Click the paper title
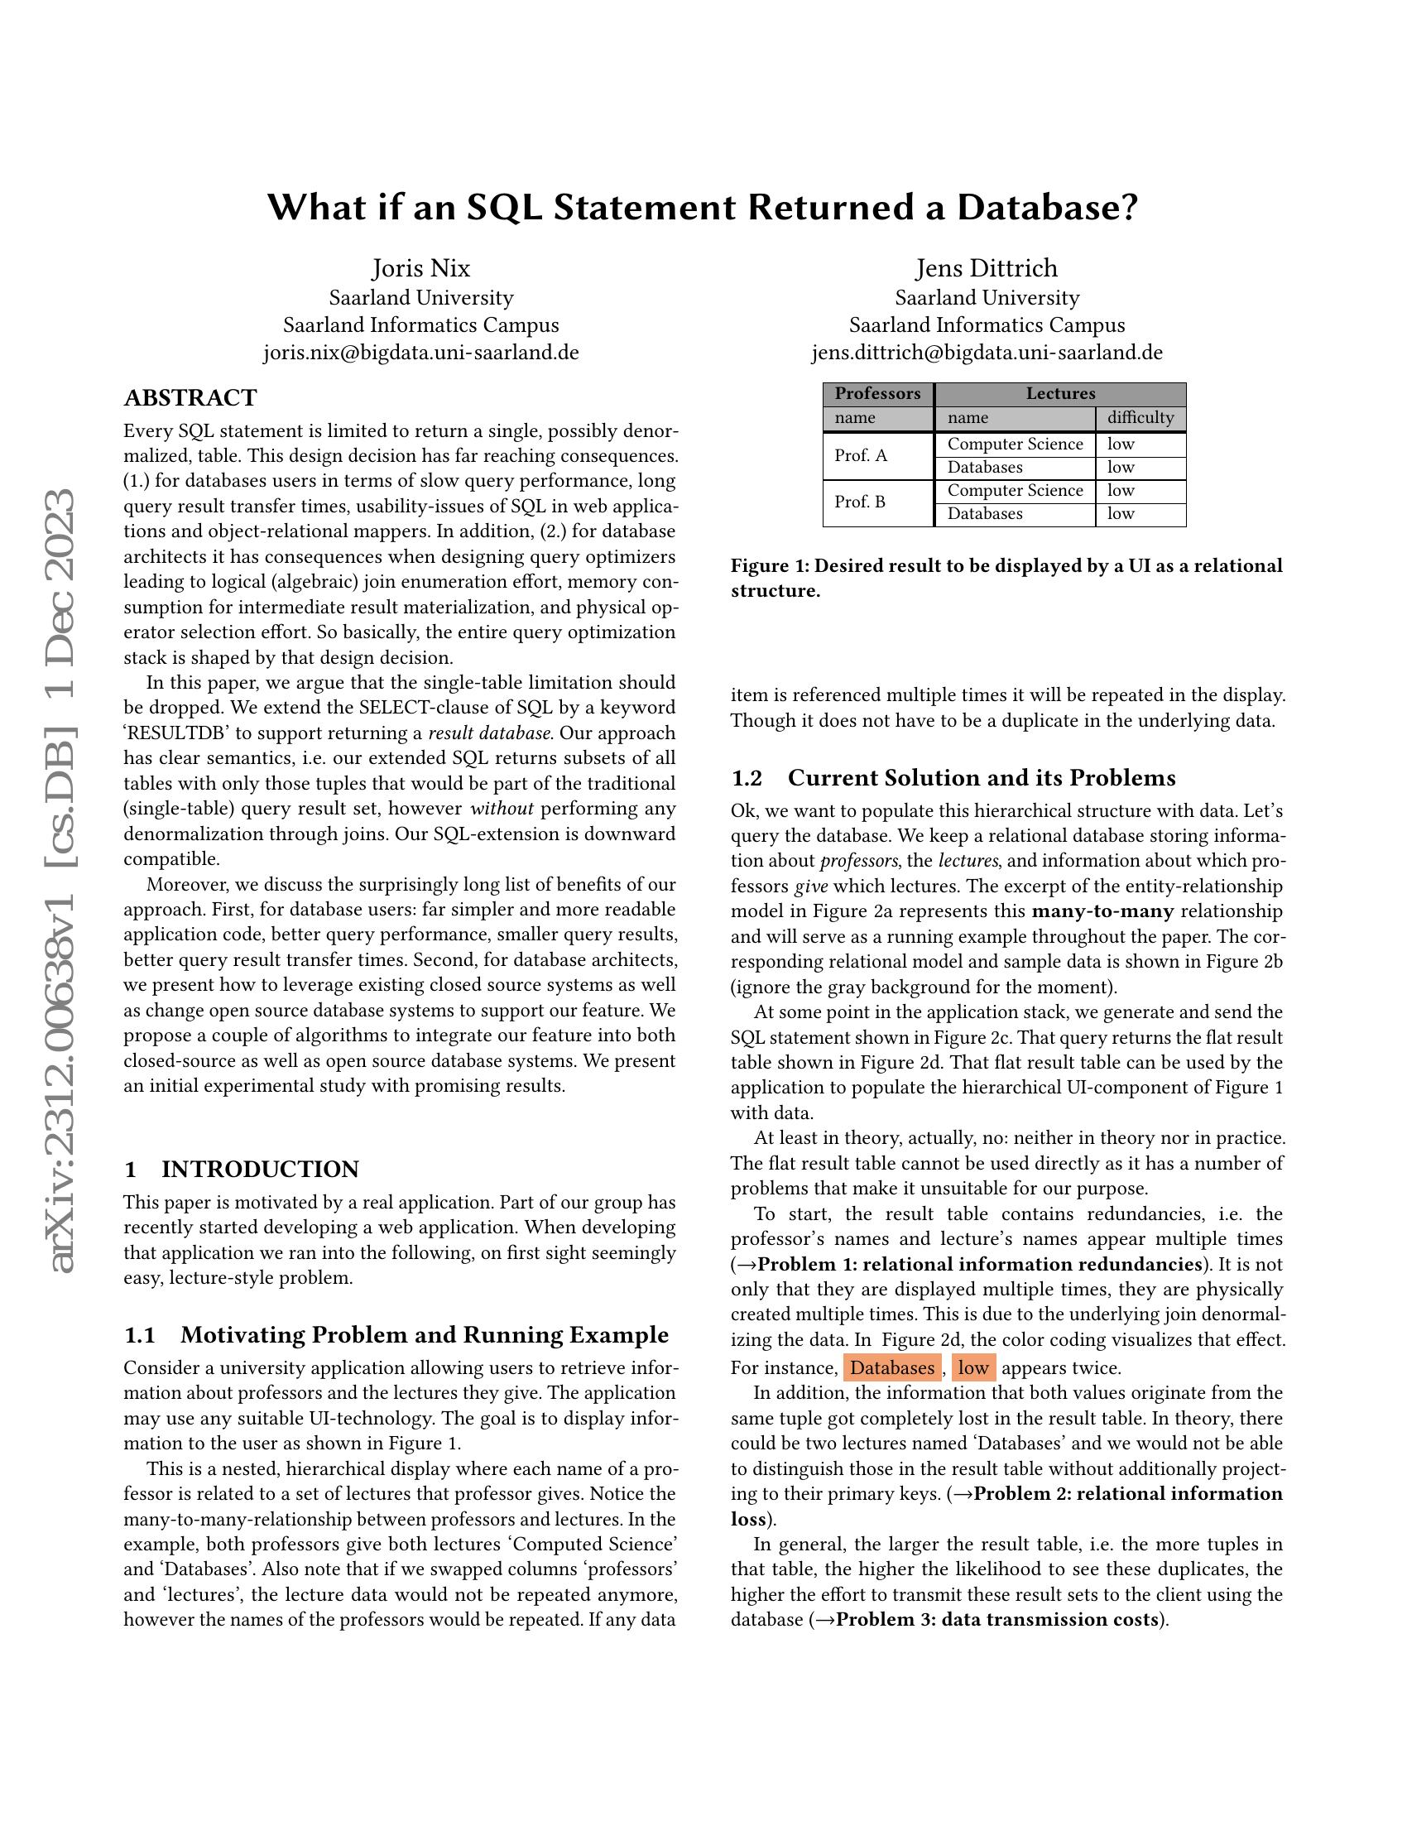pyautogui.click(x=703, y=208)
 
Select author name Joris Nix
pyautogui.click(x=421, y=268)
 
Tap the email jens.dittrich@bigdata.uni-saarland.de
pyautogui.click(x=987, y=353)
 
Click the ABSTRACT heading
pyautogui.click(x=190, y=397)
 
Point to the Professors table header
pyautogui.click(x=877, y=393)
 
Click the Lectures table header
pyautogui.click(x=1060, y=393)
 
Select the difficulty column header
pyautogui.click(x=1140, y=418)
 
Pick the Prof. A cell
pyautogui.click(x=860, y=455)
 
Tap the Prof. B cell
pyautogui.click(x=860, y=502)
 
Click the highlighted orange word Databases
pyautogui.click(x=892, y=1367)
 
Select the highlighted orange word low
pyautogui.click(x=972, y=1367)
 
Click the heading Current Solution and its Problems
pyautogui.click(x=981, y=778)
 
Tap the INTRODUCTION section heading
pyautogui.click(x=259, y=1169)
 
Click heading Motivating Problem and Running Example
pyautogui.click(x=425, y=1335)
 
